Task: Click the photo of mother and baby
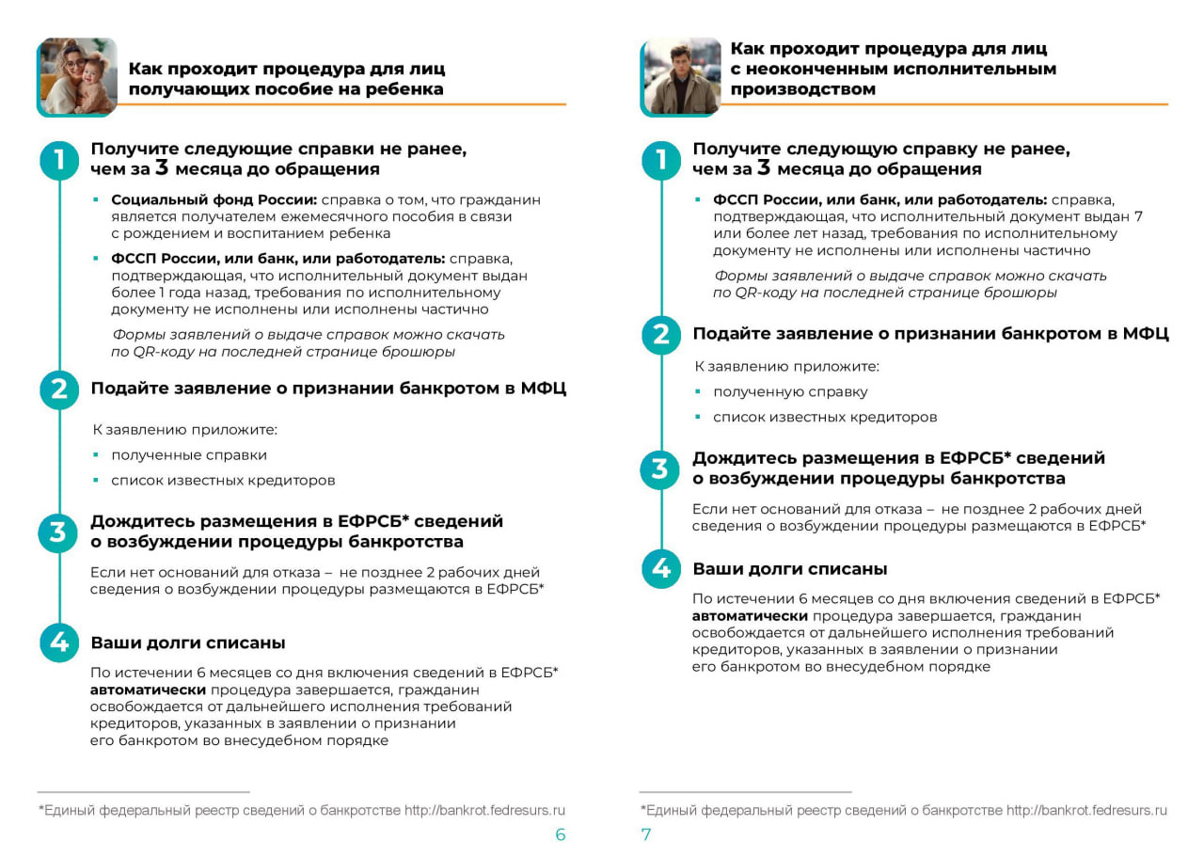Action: (77, 76)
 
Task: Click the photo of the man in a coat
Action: (681, 76)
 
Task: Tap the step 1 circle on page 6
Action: (59, 160)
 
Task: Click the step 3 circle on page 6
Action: (59, 533)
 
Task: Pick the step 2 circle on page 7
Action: (661, 335)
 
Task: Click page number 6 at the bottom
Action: (561, 834)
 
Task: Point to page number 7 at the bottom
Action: (646, 834)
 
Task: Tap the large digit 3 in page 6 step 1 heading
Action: (163, 168)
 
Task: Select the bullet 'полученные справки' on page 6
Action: (189, 455)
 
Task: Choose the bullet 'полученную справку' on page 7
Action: (790, 391)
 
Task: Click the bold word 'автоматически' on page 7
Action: (750, 615)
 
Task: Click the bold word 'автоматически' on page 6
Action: (148, 690)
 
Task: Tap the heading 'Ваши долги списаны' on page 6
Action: (188, 643)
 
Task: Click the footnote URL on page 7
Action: (1086, 810)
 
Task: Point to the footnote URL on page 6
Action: (484, 810)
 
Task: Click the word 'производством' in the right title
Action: (802, 89)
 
